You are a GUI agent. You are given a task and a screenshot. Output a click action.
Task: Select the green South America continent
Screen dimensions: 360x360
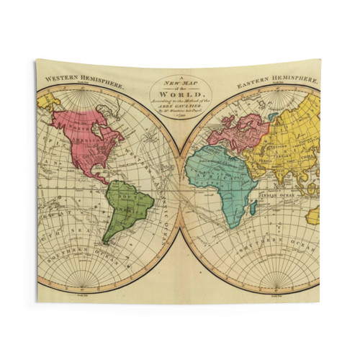point(126,205)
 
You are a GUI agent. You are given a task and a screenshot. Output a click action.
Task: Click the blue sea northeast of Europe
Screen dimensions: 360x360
point(272,115)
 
